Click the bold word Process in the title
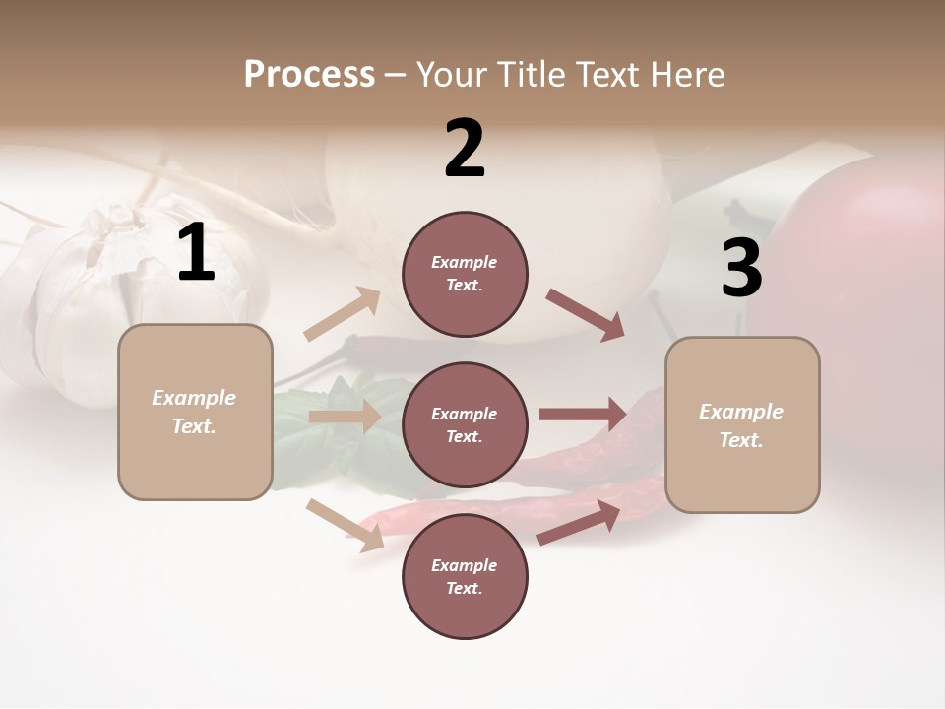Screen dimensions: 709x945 pyautogui.click(x=309, y=74)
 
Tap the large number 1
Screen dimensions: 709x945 pyautogui.click(x=196, y=253)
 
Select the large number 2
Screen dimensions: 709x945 pyautogui.click(x=465, y=148)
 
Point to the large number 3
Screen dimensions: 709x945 pyautogui.click(x=741, y=269)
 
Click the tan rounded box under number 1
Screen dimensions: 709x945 pyautogui.click(x=195, y=412)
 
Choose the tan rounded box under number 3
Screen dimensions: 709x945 pyautogui.click(x=742, y=424)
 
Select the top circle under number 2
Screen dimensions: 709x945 pyautogui.click(x=465, y=274)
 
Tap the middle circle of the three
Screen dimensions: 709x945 pyautogui.click(x=465, y=424)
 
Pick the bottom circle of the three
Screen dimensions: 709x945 pyautogui.click(x=465, y=576)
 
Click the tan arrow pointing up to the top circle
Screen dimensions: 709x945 pyautogui.click(x=343, y=314)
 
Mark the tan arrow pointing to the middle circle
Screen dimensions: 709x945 pyautogui.click(x=345, y=417)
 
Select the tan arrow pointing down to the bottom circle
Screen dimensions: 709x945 pyautogui.click(x=345, y=525)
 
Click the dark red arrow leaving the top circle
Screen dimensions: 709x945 pyautogui.click(x=586, y=314)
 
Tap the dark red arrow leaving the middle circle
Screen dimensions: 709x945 pyautogui.click(x=583, y=415)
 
